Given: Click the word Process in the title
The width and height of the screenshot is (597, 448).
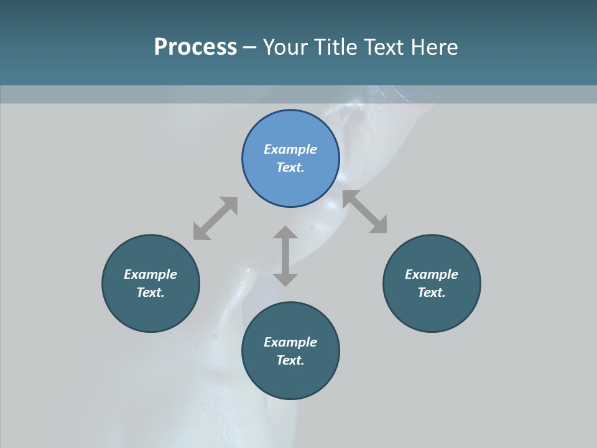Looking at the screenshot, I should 195,47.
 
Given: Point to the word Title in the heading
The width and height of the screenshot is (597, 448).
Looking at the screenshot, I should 331,47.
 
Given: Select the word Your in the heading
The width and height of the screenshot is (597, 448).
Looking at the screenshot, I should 285,47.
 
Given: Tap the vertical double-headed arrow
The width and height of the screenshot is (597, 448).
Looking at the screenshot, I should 285,256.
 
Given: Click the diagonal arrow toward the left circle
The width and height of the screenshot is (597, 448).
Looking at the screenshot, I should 215,218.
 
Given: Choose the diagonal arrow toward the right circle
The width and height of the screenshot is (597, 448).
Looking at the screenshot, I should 365,212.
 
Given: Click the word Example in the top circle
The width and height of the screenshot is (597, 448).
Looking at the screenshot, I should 290,149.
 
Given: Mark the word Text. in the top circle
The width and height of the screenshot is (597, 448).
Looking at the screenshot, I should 290,167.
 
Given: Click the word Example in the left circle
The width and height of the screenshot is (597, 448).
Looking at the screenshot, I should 150,274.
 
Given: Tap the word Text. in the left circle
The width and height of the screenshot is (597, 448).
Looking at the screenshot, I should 150,292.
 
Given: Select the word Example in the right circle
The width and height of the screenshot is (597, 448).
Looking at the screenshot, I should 432,274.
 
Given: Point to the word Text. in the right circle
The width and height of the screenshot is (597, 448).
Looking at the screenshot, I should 432,292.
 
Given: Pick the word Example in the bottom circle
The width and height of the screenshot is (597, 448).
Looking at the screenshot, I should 290,342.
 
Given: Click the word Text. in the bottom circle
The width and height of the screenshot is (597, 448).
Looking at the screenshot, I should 290,360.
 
